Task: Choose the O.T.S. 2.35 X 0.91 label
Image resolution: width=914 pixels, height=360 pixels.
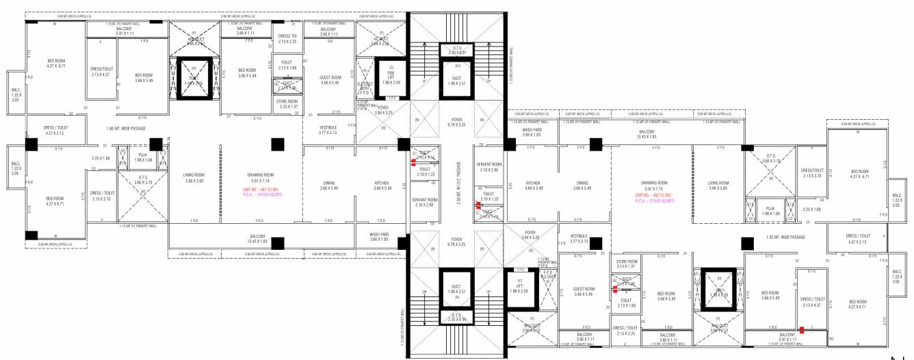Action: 457,51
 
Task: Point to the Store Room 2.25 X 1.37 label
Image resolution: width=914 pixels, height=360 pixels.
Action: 287,104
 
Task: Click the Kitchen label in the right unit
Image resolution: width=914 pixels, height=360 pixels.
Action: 533,185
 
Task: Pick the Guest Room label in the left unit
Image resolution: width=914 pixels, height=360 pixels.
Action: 330,80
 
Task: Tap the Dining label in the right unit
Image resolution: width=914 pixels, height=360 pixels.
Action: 582,185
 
